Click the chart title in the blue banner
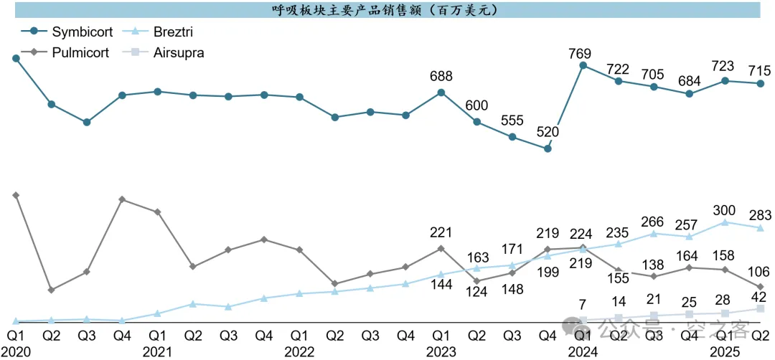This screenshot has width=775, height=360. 387,10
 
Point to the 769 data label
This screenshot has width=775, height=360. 583,52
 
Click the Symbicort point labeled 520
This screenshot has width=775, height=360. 548,149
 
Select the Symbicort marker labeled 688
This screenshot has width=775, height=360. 441,92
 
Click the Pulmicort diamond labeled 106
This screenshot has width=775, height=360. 761,287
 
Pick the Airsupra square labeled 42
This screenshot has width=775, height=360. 761,309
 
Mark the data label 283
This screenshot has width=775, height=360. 760,214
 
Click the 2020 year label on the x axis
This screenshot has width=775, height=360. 15,351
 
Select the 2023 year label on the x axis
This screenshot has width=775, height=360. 441,351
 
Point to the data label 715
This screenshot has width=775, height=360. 760,70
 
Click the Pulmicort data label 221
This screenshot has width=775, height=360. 441,232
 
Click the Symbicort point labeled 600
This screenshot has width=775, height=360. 476,122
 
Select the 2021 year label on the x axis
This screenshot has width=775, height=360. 157,351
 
